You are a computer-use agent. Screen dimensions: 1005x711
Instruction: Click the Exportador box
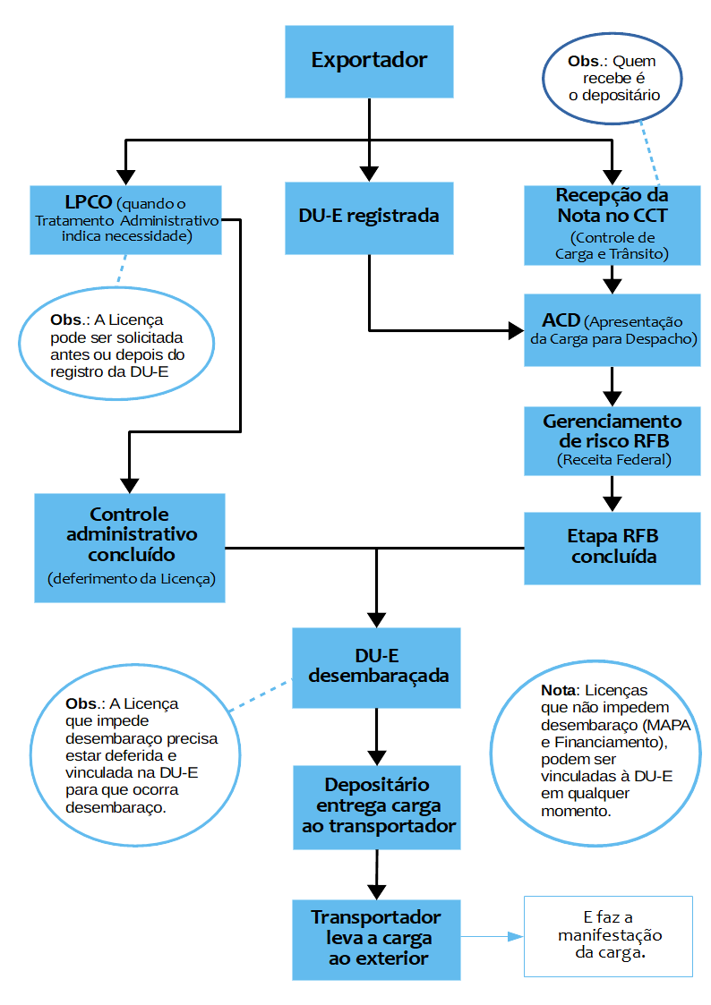coord(369,62)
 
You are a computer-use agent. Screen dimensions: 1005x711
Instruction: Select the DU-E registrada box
coord(369,217)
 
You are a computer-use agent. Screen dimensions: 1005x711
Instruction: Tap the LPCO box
coord(125,219)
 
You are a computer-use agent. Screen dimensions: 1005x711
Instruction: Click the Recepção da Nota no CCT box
coord(612,225)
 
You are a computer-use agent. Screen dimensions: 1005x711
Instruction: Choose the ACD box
coord(612,330)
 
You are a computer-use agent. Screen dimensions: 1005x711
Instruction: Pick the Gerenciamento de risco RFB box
coord(612,440)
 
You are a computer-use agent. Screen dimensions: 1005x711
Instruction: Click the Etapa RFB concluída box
coord(612,547)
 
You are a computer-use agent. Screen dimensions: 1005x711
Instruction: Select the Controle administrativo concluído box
coord(130,547)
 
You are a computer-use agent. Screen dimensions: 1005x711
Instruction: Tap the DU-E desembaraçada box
coord(377,668)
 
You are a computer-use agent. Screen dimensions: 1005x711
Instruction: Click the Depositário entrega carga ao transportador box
coord(377,806)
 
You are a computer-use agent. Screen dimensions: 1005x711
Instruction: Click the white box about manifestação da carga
coord(609,935)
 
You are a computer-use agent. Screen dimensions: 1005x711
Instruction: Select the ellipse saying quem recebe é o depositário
coord(612,79)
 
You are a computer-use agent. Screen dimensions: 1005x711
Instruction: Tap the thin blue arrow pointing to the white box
coord(492,937)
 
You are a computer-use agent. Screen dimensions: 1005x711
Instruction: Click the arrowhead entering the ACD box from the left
coord(517,331)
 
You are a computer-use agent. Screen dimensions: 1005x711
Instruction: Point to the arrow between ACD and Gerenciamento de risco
coord(612,386)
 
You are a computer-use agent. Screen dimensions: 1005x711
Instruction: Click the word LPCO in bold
coord(88,203)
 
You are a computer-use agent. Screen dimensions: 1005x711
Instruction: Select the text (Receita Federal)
coord(612,460)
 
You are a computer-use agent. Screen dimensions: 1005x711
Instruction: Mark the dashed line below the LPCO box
coord(120,268)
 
